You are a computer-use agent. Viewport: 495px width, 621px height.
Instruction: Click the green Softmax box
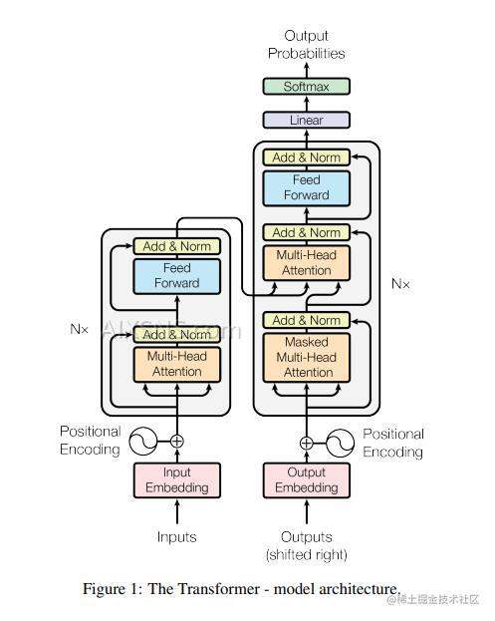tap(306, 87)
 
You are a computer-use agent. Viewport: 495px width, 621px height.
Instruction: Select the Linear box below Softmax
tap(306, 121)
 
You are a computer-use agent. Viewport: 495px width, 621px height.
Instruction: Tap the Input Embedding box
tap(177, 480)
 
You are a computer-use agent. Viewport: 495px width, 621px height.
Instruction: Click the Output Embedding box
tap(306, 480)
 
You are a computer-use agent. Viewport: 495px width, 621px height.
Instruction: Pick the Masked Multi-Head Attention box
tap(306, 357)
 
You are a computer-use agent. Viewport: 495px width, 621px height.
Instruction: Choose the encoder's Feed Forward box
tap(176, 276)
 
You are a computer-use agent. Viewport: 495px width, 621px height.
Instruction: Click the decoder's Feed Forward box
tap(306, 188)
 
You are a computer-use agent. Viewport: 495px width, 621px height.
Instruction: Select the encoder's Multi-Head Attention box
tap(176, 364)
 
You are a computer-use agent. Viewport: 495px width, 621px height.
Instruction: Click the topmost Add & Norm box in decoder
tap(306, 157)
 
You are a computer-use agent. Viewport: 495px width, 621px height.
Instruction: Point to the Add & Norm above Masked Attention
tap(306, 321)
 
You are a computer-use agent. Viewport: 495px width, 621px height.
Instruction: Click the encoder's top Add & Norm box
tap(176, 246)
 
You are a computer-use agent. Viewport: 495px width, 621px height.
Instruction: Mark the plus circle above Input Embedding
tap(177, 441)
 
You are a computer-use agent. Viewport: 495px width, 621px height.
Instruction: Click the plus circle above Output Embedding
tap(306, 443)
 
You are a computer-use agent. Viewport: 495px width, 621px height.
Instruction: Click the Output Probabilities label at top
tap(306, 45)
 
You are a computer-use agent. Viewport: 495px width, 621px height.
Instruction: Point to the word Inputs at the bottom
tap(176, 537)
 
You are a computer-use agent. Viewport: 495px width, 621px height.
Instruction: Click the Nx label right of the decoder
tap(400, 284)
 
